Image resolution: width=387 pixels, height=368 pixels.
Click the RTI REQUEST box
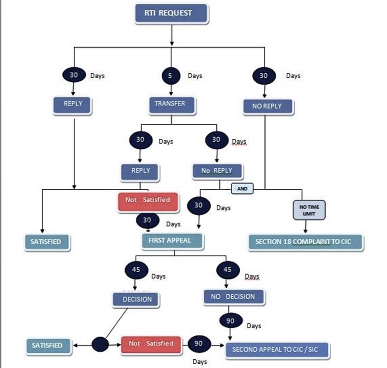[x=172, y=14]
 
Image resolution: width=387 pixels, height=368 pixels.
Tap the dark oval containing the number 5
[x=171, y=76]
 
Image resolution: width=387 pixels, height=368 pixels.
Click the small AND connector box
[x=242, y=189]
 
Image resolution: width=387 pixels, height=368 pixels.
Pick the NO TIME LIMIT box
[x=309, y=210]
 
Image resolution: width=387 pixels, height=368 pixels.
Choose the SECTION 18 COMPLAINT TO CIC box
[x=306, y=242]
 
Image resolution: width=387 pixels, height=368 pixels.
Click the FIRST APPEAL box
[x=172, y=241]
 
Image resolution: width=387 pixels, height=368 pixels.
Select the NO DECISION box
[x=234, y=297]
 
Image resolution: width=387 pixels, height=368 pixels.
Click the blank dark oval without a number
[x=100, y=344]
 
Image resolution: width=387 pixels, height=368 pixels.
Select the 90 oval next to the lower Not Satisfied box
[x=198, y=343]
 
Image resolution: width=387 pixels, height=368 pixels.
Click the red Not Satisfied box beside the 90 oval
[x=151, y=344]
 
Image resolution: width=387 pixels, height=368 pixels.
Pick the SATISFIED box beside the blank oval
[x=47, y=345]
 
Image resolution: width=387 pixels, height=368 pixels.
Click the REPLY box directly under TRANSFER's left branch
[x=140, y=171]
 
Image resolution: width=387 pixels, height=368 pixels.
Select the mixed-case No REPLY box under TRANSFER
[x=217, y=171]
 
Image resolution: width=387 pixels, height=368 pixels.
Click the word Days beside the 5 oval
[x=195, y=76]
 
